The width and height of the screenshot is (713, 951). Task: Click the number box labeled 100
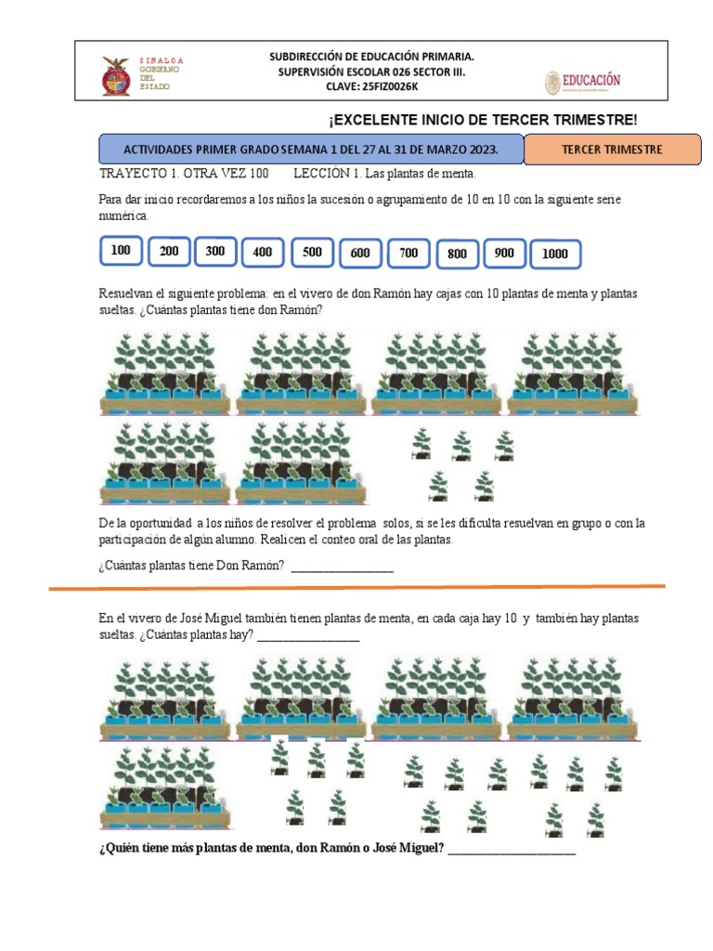(x=121, y=251)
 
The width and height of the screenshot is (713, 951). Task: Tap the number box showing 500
(x=312, y=253)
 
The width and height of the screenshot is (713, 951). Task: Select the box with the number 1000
(x=554, y=254)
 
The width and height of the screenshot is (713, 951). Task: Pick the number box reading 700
(x=409, y=253)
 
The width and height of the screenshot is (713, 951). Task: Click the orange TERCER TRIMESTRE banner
(x=612, y=150)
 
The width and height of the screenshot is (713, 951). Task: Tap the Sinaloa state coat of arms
(x=116, y=75)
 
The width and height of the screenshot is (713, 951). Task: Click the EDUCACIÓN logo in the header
(x=582, y=82)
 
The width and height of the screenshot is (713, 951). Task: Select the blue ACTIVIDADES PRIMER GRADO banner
(x=311, y=150)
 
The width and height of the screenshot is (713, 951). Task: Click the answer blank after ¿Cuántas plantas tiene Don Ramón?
(x=342, y=567)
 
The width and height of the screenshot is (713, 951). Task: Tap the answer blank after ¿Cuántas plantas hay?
(x=307, y=635)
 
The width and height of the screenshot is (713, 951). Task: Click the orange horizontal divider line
(x=356, y=588)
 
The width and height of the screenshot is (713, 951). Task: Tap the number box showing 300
(x=215, y=251)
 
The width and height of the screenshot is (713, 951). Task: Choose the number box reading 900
(x=504, y=254)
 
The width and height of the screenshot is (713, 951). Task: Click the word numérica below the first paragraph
(x=123, y=215)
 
